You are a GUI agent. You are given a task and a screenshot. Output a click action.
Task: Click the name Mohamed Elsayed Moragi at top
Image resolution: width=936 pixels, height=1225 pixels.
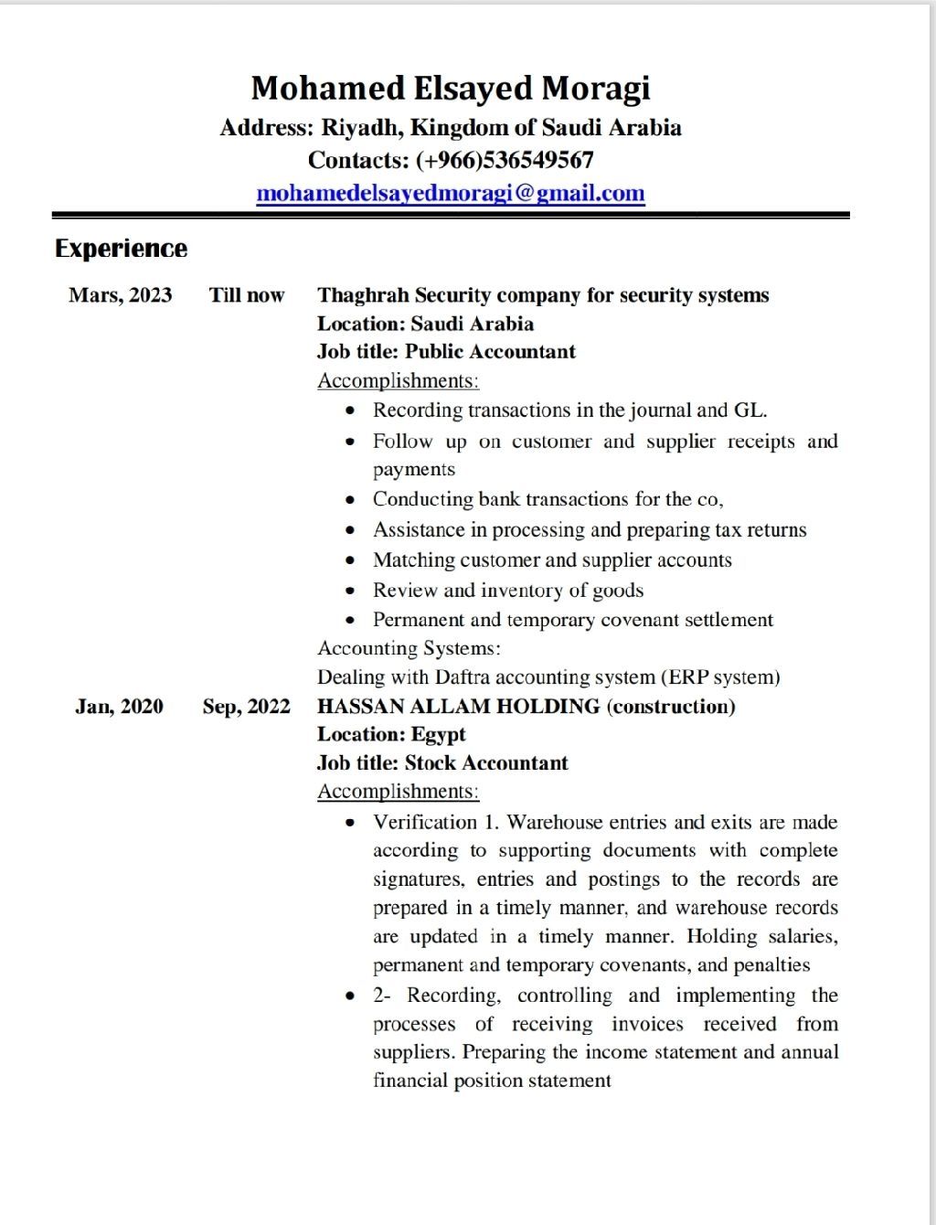[451, 89]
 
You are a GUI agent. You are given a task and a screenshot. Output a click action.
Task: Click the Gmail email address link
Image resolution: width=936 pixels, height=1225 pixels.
[451, 194]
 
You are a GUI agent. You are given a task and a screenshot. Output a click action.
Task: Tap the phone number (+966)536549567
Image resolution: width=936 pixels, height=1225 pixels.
[505, 161]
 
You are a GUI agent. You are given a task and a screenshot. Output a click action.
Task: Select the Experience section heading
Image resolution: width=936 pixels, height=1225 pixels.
[121, 249]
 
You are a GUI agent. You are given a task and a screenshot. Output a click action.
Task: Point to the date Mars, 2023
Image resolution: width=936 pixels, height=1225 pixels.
[120, 295]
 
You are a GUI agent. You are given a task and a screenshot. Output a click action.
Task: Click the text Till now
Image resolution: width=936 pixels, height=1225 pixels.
[247, 295]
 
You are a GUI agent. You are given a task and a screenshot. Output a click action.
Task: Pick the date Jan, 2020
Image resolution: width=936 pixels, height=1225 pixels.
[119, 707]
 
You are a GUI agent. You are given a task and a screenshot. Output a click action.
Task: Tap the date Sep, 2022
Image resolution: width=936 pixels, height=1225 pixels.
[247, 707]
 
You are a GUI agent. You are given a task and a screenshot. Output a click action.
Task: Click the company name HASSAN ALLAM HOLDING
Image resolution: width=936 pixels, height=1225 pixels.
[458, 707]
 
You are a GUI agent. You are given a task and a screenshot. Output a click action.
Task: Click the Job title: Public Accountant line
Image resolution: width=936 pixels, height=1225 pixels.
[446, 352]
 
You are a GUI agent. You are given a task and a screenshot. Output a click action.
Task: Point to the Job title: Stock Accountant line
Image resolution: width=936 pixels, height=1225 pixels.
[442, 763]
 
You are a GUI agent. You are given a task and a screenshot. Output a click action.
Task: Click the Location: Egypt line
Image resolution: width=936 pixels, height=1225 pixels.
[391, 735]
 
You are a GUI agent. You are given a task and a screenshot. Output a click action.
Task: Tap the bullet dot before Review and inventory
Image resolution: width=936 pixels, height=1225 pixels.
[350, 591]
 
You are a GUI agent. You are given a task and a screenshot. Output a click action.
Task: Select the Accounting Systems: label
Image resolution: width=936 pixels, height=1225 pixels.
[409, 648]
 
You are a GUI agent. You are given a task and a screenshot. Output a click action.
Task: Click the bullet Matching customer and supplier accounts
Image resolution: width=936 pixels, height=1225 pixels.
[552, 560]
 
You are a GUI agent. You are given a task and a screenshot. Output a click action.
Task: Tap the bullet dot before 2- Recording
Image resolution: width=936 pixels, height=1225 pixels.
[350, 996]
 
